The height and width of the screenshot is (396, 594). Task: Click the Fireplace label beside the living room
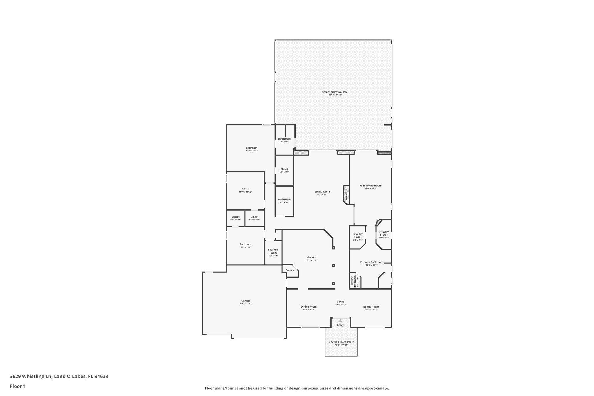[346, 194]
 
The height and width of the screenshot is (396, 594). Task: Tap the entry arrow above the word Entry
[340, 321]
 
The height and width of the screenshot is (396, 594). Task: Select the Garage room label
[245, 301]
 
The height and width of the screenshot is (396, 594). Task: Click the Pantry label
[289, 270]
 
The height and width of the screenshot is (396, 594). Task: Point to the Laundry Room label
[273, 251]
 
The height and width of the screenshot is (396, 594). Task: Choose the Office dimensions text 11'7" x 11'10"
[245, 192]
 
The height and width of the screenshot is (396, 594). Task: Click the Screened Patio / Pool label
[335, 92]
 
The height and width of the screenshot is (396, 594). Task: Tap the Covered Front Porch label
[341, 342]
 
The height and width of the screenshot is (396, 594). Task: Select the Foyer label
[340, 302]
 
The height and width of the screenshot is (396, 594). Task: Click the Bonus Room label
[371, 307]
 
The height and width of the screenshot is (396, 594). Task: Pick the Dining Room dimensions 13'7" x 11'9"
[309, 310]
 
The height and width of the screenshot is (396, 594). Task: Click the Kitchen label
[311, 257]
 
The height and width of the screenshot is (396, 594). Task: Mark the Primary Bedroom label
[370, 185]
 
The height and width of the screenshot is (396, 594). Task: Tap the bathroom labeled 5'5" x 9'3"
[284, 139]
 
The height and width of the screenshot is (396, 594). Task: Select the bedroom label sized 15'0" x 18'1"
[251, 148]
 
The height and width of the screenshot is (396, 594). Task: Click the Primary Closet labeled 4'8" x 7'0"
[357, 235]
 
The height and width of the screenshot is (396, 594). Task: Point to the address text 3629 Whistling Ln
[31, 376]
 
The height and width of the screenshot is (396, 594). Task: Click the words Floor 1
[18, 386]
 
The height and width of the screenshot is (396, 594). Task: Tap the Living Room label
[322, 191]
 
